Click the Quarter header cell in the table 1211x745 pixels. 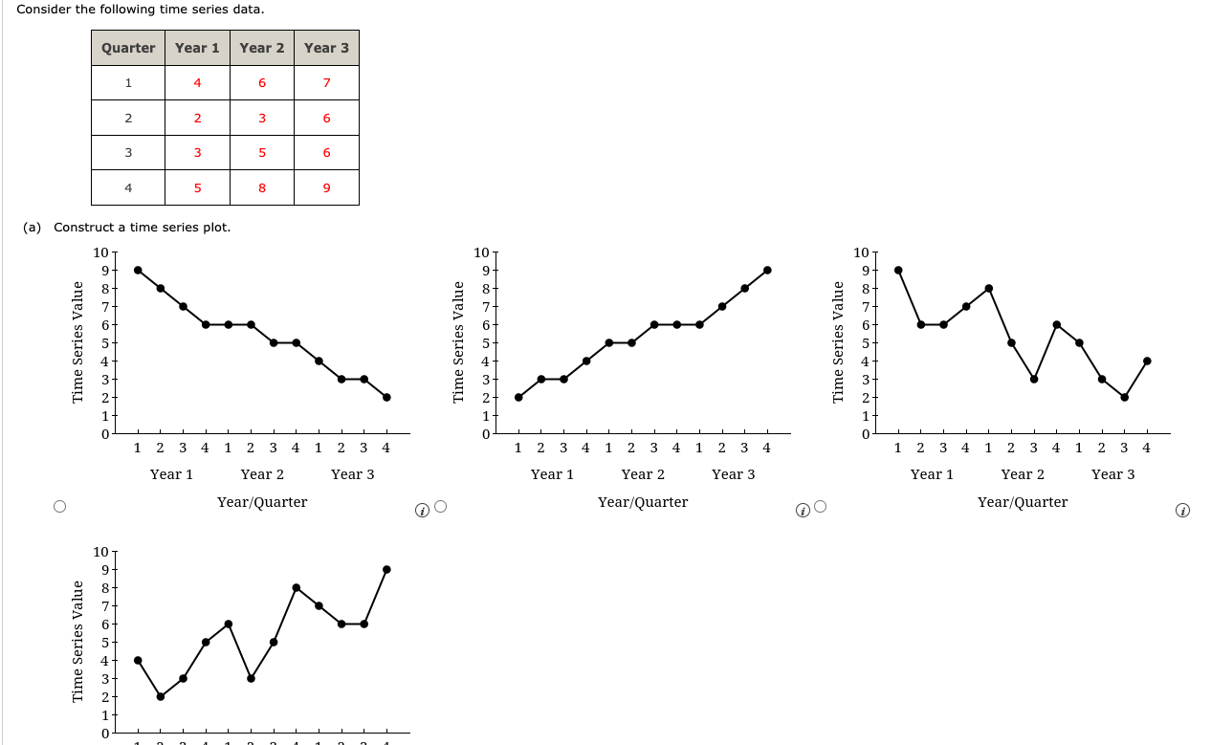pos(128,48)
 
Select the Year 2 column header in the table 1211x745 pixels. pos(261,48)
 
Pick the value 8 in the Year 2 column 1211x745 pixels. pos(261,187)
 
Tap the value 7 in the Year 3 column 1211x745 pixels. pos(326,83)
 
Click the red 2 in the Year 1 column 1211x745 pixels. pos(197,119)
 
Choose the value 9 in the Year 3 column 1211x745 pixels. pos(326,187)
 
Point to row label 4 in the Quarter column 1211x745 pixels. pos(128,187)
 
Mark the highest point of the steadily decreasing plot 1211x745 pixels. pos(138,270)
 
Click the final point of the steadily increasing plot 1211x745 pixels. pos(767,270)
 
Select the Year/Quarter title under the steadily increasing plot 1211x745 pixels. pos(643,502)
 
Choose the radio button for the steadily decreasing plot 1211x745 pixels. pos(60,506)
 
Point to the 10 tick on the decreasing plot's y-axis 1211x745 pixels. pos(100,252)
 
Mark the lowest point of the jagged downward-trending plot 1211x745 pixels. pos(1124,397)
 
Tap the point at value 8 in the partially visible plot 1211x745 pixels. pos(297,587)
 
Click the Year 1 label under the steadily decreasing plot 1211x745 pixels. pos(172,474)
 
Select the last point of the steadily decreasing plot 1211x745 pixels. pos(386,397)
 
